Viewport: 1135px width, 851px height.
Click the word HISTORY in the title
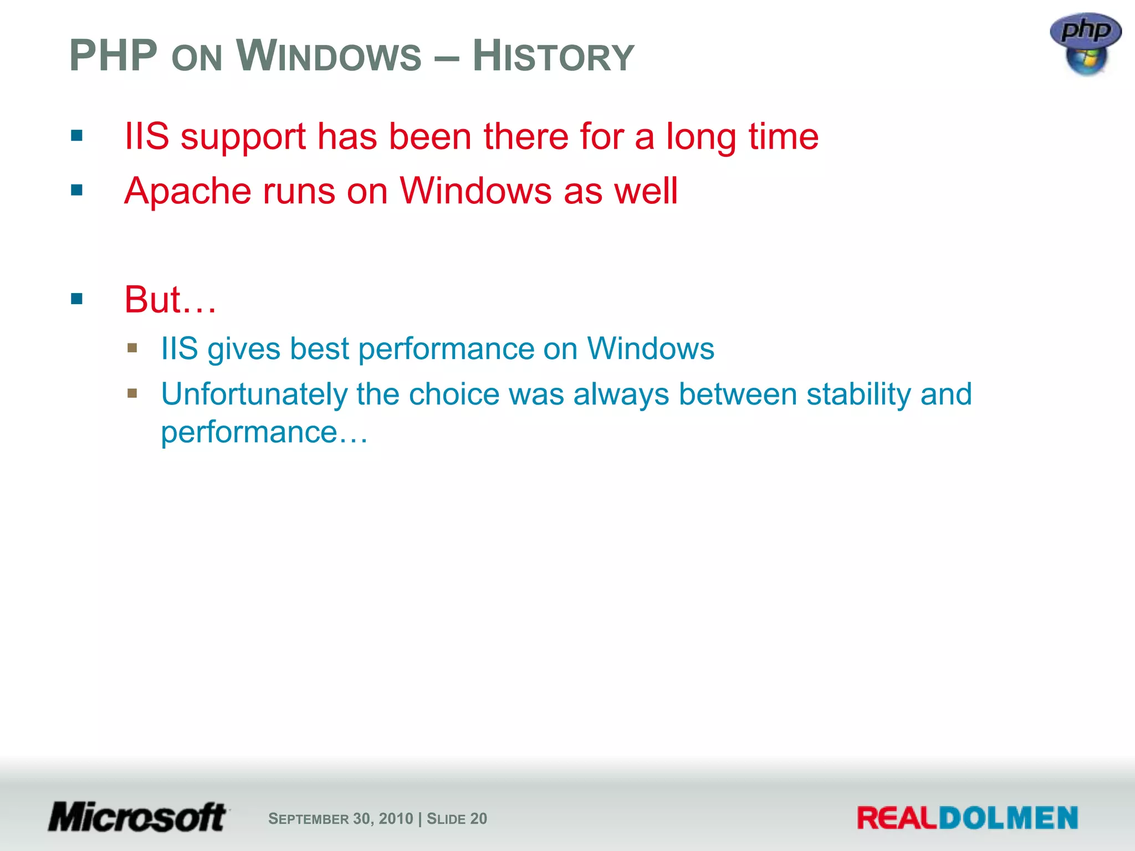pos(553,57)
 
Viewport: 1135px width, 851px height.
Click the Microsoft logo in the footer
pos(137,817)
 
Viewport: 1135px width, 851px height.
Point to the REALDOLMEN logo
pos(967,818)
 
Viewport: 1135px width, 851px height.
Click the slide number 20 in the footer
pos(478,819)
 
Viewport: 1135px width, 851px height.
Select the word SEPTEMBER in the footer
pos(308,819)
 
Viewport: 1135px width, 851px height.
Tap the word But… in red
pos(170,300)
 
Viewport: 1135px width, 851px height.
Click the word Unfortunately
pos(253,394)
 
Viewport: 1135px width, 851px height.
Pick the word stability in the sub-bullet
pos(858,394)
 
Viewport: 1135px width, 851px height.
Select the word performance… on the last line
pos(264,432)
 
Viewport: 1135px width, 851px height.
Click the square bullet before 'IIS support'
pos(77,136)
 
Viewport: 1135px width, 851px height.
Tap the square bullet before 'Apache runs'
pos(77,191)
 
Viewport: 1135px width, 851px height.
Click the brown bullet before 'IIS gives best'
pos(132,348)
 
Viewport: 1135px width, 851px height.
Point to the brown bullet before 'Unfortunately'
pos(132,393)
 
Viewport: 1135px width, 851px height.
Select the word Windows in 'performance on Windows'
pos(650,349)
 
